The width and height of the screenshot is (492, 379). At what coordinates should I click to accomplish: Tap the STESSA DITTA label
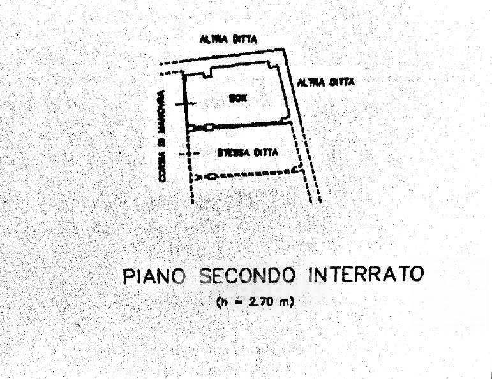tap(247, 153)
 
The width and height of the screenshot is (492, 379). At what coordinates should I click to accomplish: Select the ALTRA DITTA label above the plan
tap(228, 39)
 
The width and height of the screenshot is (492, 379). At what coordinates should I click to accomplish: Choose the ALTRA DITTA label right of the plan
tap(326, 82)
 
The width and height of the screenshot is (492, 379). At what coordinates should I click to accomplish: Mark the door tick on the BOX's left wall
tap(184, 104)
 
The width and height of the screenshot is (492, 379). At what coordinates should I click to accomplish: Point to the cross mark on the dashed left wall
tap(189, 154)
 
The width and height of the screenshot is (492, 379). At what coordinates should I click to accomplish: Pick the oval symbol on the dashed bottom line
tap(212, 176)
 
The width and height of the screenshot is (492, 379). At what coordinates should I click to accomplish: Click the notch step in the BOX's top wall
tap(207, 72)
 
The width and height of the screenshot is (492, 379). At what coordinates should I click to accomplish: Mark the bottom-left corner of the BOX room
tap(186, 128)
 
